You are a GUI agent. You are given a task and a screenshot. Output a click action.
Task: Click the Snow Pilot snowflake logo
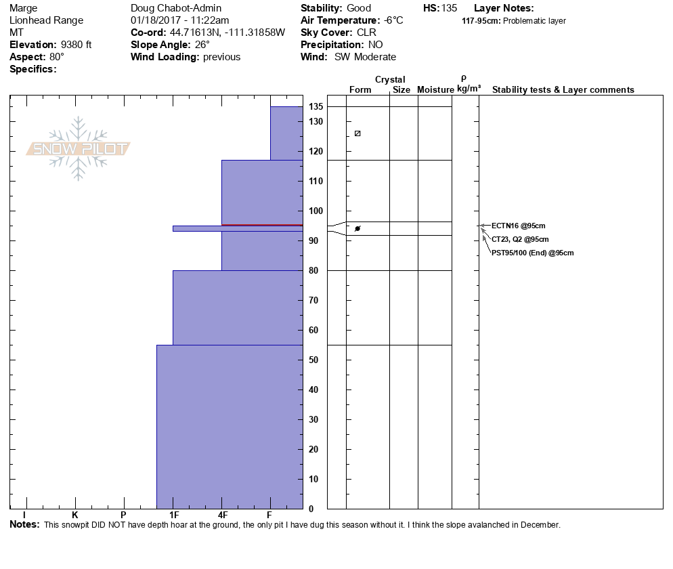click(x=79, y=149)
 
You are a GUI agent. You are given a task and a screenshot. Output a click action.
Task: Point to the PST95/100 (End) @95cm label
click(x=533, y=253)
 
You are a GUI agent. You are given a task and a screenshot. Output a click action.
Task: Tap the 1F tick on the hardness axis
click(x=173, y=515)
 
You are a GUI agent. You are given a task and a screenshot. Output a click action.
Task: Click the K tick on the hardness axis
click(x=75, y=515)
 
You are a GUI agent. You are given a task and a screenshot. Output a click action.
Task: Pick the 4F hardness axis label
click(x=222, y=515)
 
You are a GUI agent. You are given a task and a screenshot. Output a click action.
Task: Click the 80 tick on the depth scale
click(x=313, y=271)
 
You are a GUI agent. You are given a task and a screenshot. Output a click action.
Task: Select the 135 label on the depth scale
click(x=316, y=107)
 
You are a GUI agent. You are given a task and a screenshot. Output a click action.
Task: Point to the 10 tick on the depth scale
click(x=313, y=480)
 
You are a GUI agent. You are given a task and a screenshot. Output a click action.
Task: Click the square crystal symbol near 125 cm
click(x=357, y=133)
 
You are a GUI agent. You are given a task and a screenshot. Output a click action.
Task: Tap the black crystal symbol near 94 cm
click(x=357, y=228)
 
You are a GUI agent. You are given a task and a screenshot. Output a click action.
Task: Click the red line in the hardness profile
click(x=262, y=225)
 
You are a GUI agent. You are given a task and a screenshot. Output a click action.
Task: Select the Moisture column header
click(x=435, y=90)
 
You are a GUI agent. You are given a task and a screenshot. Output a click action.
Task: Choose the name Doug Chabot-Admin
click(x=176, y=8)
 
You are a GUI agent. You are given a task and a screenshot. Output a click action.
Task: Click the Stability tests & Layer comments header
click(x=563, y=90)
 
